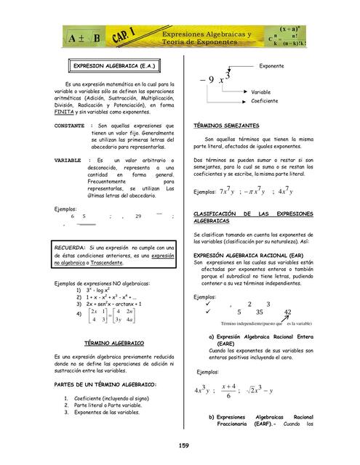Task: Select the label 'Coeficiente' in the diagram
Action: coord(265,101)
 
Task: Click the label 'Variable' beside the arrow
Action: coord(261,92)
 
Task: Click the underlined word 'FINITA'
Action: coord(65,113)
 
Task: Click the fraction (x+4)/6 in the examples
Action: coord(228,391)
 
